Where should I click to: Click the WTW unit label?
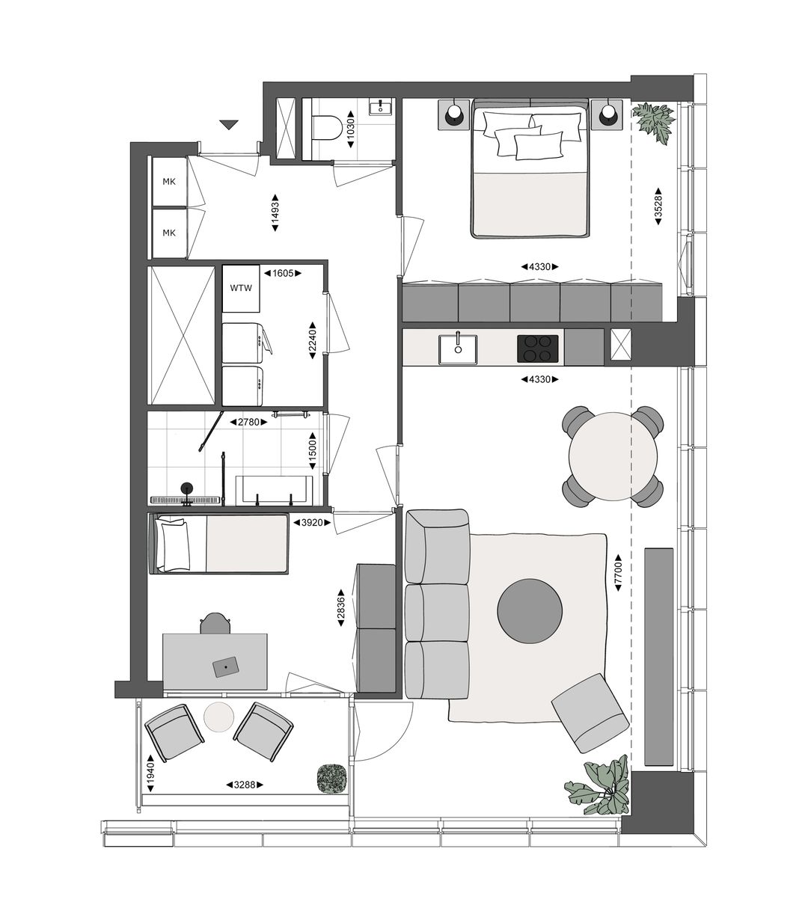click(241, 288)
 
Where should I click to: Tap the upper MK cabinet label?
click(169, 181)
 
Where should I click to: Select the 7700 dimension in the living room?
click(617, 574)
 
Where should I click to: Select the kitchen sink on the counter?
click(457, 348)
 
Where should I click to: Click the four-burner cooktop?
click(538, 348)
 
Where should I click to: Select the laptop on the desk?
click(225, 666)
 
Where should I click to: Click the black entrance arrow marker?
click(229, 125)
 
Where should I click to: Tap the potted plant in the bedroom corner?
click(653, 120)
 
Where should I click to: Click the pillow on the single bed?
click(175, 545)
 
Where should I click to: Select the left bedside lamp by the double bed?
click(454, 114)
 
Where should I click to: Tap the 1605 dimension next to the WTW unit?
click(283, 274)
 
